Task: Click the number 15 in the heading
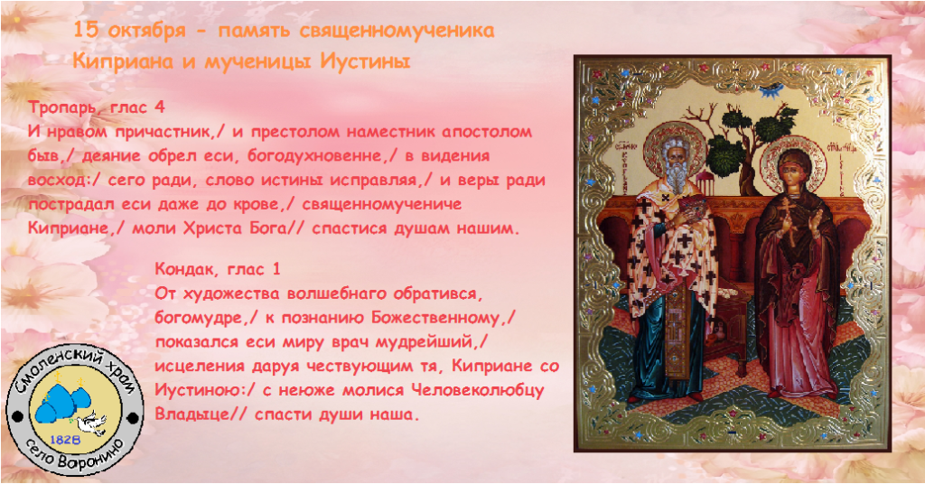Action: tap(86, 30)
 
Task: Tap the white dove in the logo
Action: tap(94, 423)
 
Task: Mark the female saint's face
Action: tap(789, 170)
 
